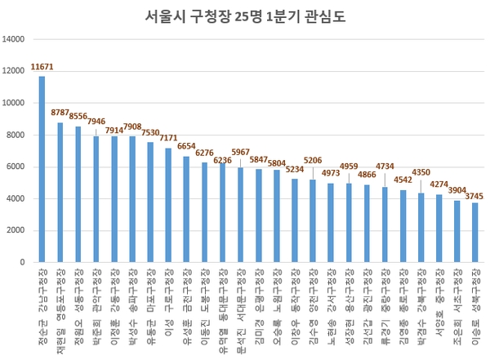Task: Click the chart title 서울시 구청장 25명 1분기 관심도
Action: (x=244, y=16)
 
